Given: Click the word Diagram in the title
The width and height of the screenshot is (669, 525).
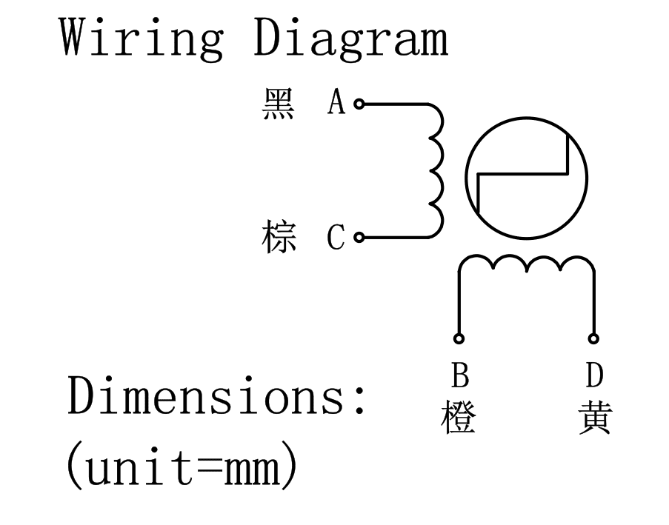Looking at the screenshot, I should (350, 39).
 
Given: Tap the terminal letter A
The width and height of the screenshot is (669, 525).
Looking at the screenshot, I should (337, 104).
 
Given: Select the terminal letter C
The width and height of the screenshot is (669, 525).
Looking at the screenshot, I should (337, 238).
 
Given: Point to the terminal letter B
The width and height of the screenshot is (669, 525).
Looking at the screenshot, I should (460, 376).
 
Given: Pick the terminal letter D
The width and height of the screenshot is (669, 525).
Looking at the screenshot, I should (594, 376).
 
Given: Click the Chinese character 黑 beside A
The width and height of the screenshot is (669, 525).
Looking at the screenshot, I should (279, 104).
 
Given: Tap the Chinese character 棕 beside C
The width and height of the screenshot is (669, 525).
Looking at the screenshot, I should (279, 238).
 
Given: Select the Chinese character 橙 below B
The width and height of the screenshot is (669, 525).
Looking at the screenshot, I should (459, 418).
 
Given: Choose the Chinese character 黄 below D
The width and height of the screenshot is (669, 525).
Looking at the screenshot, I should (594, 418).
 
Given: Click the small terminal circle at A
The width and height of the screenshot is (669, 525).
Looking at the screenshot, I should (359, 104).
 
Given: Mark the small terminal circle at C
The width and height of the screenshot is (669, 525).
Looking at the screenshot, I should (359, 238).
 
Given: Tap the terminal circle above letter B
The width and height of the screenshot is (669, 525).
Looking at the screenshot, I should (459, 339).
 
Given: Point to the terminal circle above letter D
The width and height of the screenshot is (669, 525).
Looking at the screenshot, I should (594, 339).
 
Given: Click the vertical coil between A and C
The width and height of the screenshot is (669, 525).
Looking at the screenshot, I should (436, 171).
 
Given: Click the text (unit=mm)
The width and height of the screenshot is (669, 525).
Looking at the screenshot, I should (182, 467).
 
